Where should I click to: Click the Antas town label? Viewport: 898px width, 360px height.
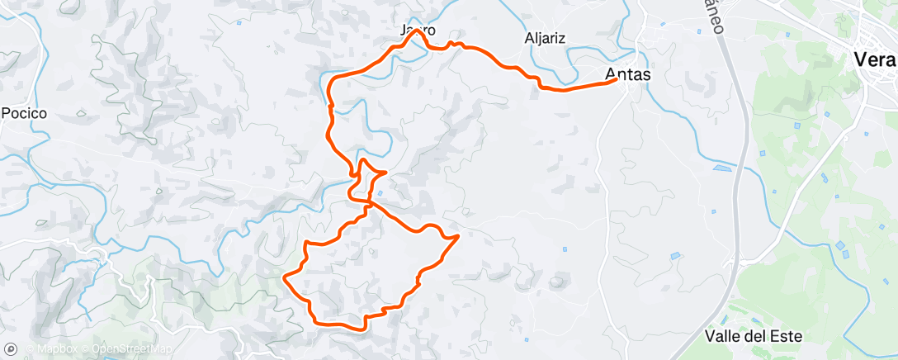coord(627,74)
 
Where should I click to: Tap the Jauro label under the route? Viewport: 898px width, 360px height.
coord(418,31)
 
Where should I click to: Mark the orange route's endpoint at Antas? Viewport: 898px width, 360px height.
coord(617,80)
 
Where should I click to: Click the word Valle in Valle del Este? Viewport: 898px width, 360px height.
coord(723,336)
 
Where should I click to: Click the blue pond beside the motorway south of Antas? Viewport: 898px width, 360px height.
coord(721,168)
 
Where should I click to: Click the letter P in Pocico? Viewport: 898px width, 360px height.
coord(6,113)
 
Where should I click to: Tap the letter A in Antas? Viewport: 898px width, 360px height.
coord(611,74)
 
